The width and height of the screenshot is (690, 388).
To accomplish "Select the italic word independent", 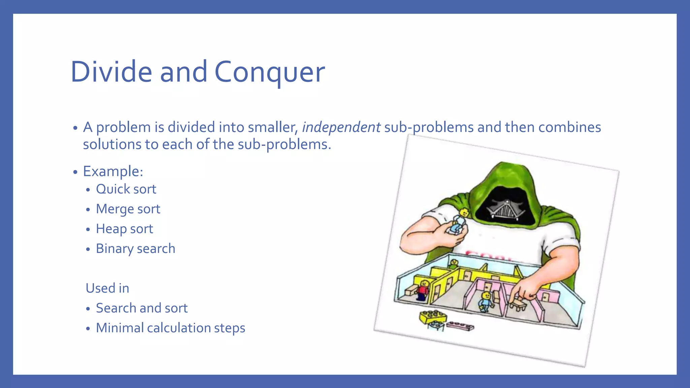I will [x=341, y=127].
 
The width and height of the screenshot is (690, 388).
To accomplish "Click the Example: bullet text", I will [x=113, y=171].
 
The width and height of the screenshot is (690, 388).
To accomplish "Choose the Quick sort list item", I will [x=126, y=189].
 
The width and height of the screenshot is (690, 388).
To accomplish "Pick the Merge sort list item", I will [x=128, y=209].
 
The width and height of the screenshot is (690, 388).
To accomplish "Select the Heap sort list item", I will [x=124, y=229].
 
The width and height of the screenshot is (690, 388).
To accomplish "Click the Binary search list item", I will [x=135, y=249].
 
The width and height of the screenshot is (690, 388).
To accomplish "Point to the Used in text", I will [x=107, y=288].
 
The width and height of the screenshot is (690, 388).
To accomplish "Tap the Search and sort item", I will [x=142, y=308].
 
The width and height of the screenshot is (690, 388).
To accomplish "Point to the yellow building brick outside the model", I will [x=433, y=317].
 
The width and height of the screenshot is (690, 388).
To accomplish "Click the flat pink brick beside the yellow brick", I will [x=460, y=326].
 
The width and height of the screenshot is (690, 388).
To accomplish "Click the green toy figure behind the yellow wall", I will [x=454, y=264].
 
